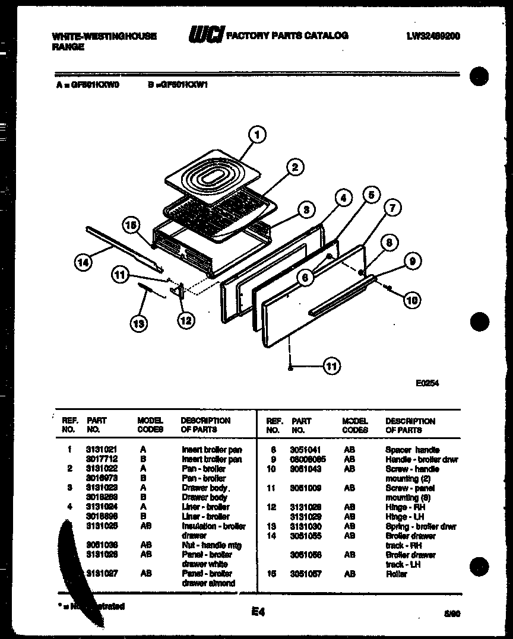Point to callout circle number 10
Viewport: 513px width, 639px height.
(411, 300)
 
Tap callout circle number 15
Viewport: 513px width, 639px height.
(132, 225)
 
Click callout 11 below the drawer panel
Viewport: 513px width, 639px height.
(331, 367)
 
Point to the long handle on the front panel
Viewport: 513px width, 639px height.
(340, 296)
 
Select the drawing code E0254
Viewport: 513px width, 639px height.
(427, 384)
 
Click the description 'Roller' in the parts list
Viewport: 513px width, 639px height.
(396, 574)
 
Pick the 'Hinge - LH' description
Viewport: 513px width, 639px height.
(404, 517)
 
